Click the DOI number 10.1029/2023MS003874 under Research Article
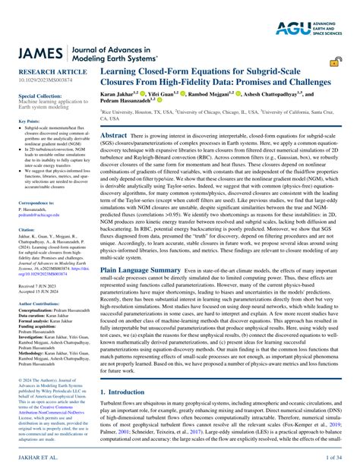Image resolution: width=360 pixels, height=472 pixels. [43, 82]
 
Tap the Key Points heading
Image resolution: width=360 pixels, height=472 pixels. [29, 121]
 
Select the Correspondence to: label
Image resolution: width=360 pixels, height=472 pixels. [36, 203]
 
